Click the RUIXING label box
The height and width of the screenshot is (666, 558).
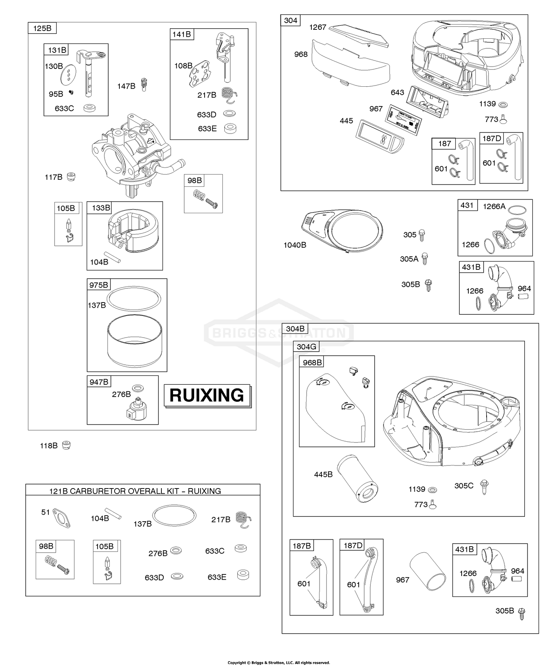[x=207, y=395]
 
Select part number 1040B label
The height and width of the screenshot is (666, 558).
[x=295, y=245]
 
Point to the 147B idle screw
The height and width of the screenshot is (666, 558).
[x=143, y=85]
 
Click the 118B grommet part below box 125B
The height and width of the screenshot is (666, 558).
[x=66, y=445]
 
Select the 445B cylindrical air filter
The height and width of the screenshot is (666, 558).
[x=357, y=480]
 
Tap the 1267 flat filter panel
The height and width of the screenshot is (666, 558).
[x=359, y=35]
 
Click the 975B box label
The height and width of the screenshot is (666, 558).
[x=99, y=285]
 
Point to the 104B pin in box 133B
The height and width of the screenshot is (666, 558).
[x=112, y=257]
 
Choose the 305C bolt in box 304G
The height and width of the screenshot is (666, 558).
[x=484, y=486]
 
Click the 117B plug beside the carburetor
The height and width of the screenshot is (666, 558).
[x=71, y=177]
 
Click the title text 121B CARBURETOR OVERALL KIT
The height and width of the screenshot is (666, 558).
[x=135, y=491]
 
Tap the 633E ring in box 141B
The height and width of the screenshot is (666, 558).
[x=231, y=129]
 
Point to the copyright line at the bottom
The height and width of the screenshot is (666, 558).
[x=279, y=663]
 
